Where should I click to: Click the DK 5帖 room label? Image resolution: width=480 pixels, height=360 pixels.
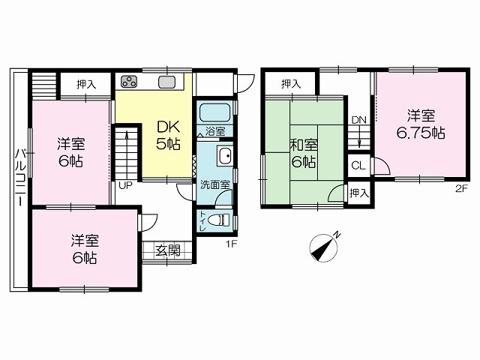point(168,135)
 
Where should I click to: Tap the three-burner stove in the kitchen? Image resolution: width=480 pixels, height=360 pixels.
point(129,82)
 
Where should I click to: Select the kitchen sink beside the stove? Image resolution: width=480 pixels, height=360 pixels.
point(166,82)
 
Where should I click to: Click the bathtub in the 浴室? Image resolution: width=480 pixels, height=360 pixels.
point(214,112)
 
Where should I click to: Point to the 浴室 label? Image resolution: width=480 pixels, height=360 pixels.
point(215,131)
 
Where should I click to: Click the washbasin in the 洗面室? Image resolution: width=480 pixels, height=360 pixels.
point(225,156)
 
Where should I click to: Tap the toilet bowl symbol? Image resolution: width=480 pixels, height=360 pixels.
point(218,220)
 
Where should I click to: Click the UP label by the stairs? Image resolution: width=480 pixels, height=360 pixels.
point(125,185)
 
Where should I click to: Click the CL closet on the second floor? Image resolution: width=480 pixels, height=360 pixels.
point(358,166)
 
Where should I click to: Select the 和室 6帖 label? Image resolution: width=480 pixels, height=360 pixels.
point(303,154)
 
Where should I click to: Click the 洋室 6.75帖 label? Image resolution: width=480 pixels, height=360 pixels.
point(421,124)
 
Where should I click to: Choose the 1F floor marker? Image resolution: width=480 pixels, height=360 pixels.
point(232,244)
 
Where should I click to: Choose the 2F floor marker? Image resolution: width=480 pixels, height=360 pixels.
point(462,189)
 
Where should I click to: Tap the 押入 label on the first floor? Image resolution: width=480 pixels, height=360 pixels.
point(86,84)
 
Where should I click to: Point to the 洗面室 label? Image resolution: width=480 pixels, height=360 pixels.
point(215,184)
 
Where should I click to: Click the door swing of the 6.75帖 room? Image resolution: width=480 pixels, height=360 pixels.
point(382,166)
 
